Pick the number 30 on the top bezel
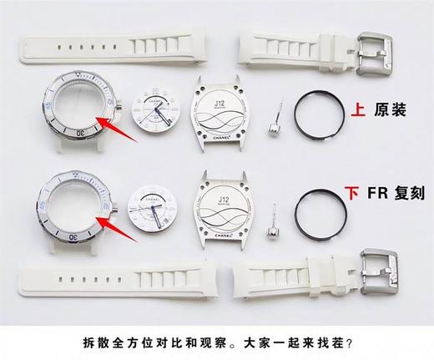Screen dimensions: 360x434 [80, 132]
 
